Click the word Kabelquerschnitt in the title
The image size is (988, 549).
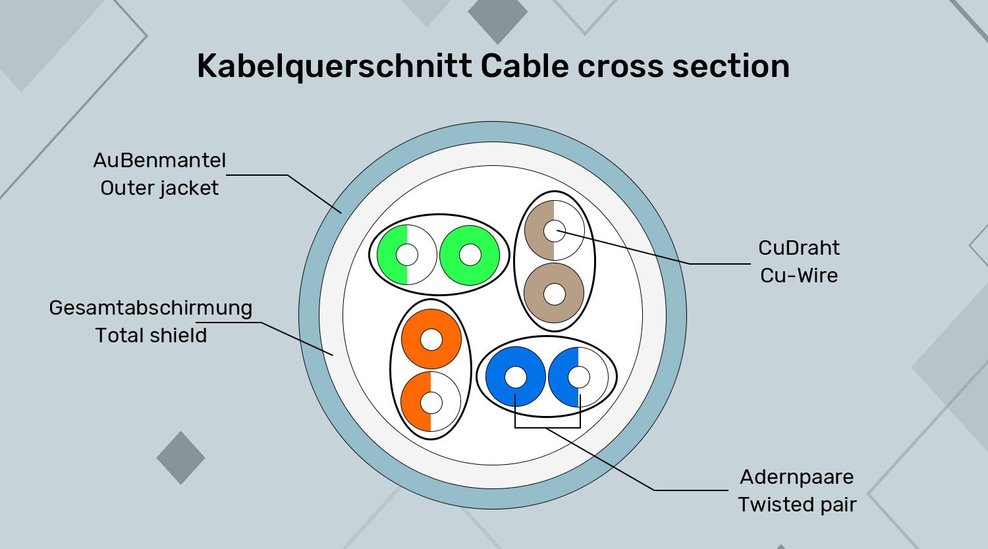[335, 67]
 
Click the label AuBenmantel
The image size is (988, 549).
[159, 161]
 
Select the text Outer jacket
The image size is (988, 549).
[159, 188]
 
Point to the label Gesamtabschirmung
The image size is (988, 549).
[151, 308]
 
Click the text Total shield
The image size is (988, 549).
[151, 336]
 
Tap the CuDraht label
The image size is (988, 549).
[798, 248]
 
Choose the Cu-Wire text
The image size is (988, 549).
[798, 275]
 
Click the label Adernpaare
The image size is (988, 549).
[796, 477]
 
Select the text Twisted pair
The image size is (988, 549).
[796, 505]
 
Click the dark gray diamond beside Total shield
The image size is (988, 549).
[180, 457]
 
